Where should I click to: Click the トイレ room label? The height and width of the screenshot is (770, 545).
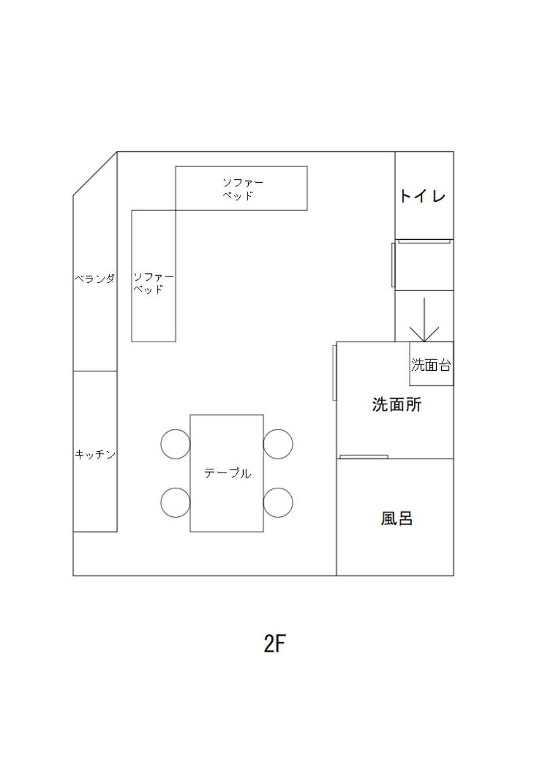tap(423, 196)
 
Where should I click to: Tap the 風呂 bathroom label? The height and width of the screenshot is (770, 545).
tap(396, 518)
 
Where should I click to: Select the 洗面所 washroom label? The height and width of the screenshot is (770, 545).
tap(396, 404)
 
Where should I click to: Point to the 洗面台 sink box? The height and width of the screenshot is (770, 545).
tap(432, 363)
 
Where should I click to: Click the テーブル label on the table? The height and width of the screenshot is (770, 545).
tap(228, 473)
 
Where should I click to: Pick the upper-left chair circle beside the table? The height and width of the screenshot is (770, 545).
tap(176, 444)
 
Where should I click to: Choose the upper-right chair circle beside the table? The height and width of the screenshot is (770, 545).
tap(278, 444)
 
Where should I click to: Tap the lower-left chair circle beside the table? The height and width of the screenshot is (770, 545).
tap(176, 502)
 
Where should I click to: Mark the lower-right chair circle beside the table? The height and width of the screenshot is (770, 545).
tap(278, 502)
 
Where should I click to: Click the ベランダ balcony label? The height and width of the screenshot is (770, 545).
tap(95, 279)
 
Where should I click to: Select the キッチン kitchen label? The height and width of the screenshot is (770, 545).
tap(95, 454)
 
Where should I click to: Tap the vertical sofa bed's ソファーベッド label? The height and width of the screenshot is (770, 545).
tap(154, 283)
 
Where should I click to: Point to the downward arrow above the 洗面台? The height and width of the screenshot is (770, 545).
tap(424, 320)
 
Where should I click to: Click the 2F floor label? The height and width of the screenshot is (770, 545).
tap(275, 643)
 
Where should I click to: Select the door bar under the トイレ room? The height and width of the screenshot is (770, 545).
tap(424, 241)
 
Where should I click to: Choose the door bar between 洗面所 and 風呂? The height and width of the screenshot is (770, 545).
tap(364, 457)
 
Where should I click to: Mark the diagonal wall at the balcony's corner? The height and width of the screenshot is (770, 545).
tap(95, 174)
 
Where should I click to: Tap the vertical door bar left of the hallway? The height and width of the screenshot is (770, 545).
tap(393, 265)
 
